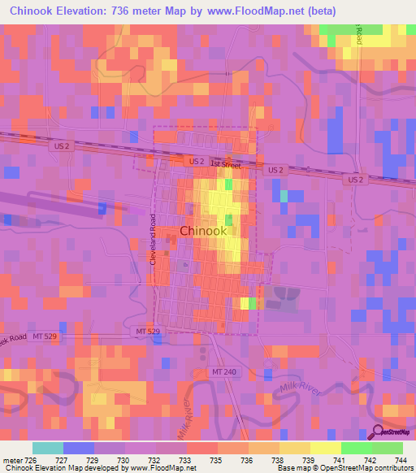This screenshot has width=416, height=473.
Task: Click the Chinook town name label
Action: tap(203, 231)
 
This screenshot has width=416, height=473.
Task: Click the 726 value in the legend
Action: tap(32, 460)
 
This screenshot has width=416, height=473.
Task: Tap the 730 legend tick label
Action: tap(124, 460)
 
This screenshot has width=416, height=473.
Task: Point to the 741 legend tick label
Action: tap(340, 460)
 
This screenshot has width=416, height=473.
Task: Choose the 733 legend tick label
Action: tap(186, 460)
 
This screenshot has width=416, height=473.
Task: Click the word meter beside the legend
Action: tap(13, 460)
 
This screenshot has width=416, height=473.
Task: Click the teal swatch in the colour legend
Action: tap(47, 448)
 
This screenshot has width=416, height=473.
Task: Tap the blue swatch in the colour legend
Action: tap(78, 448)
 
